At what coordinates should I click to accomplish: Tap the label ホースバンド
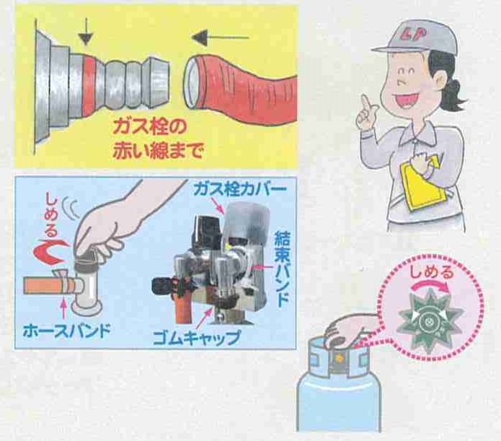[x=67, y=331]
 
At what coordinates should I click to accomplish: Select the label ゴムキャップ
[x=196, y=337]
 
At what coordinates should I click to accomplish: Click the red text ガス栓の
[x=149, y=128]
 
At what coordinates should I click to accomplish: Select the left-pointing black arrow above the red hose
[x=220, y=38]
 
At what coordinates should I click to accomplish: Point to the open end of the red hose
[x=192, y=83]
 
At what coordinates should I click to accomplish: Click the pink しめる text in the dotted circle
[x=432, y=273]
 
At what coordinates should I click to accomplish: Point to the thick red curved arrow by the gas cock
[x=50, y=252]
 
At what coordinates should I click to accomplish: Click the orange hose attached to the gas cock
[x=48, y=286]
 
